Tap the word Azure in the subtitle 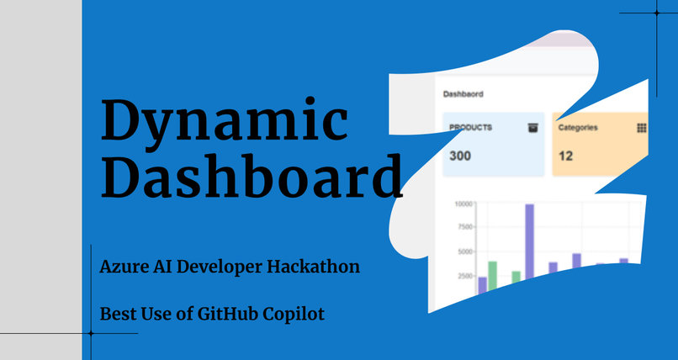coord(120,267)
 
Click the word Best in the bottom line coord(117,314)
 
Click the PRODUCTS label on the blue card coord(471,128)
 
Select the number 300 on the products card coord(460,156)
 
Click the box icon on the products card coord(532,128)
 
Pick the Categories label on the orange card coord(578,128)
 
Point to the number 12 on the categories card coord(566,156)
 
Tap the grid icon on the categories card coord(641,128)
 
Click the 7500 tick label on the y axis coord(466,227)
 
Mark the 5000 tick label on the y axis coord(466,251)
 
